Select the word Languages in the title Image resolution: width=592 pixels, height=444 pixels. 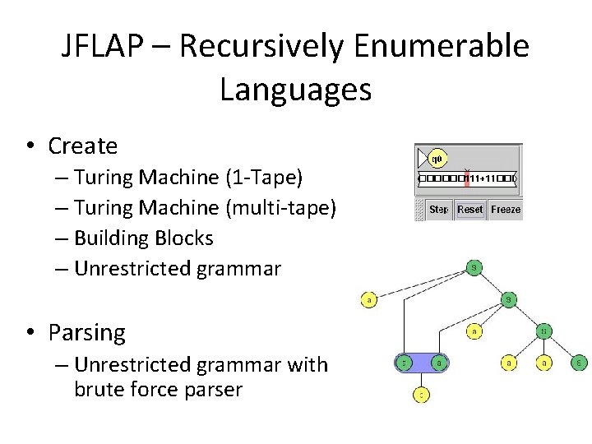tap(296, 90)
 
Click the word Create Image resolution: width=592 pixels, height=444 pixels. tap(83, 146)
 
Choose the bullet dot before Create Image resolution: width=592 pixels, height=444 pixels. tap(30, 146)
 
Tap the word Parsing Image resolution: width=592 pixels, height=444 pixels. tap(87, 333)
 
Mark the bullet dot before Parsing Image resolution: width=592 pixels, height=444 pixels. tap(30, 333)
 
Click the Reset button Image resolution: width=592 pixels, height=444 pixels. tap(469, 210)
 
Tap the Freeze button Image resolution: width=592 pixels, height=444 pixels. tap(506, 210)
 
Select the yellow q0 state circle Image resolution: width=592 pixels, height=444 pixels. tap(437, 157)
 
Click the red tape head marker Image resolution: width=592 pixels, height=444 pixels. tap(466, 178)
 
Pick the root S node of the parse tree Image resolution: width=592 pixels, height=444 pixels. tap(474, 267)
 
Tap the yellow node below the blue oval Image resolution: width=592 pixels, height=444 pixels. tap(420, 395)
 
